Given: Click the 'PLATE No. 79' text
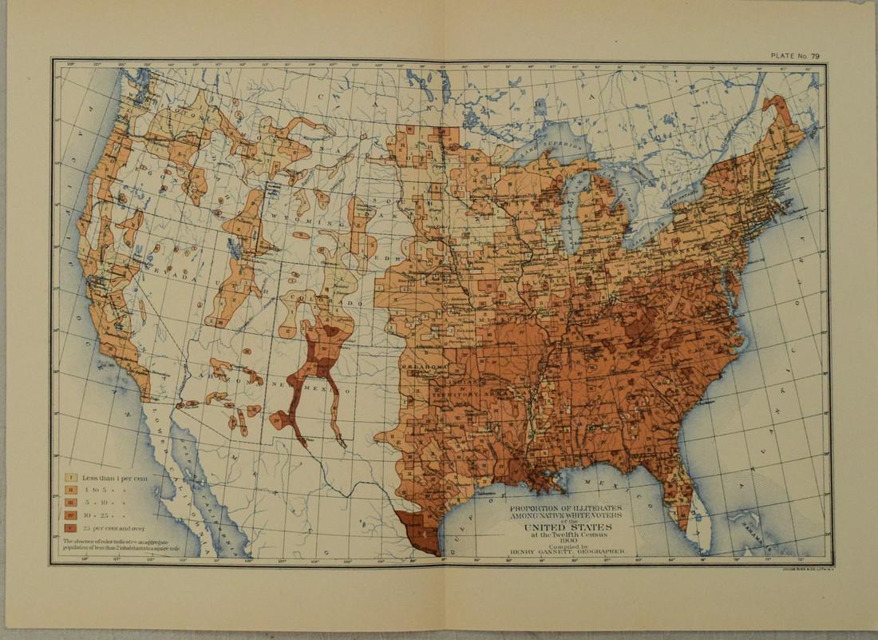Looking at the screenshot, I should (x=794, y=55).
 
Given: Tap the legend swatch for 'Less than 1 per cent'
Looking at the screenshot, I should (x=70, y=478).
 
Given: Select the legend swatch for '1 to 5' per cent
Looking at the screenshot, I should (x=70, y=491).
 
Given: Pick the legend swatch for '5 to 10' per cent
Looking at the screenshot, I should (x=70, y=503).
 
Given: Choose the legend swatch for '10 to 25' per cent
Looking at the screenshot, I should (x=70, y=516).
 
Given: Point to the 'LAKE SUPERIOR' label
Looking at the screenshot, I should (x=552, y=145).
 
